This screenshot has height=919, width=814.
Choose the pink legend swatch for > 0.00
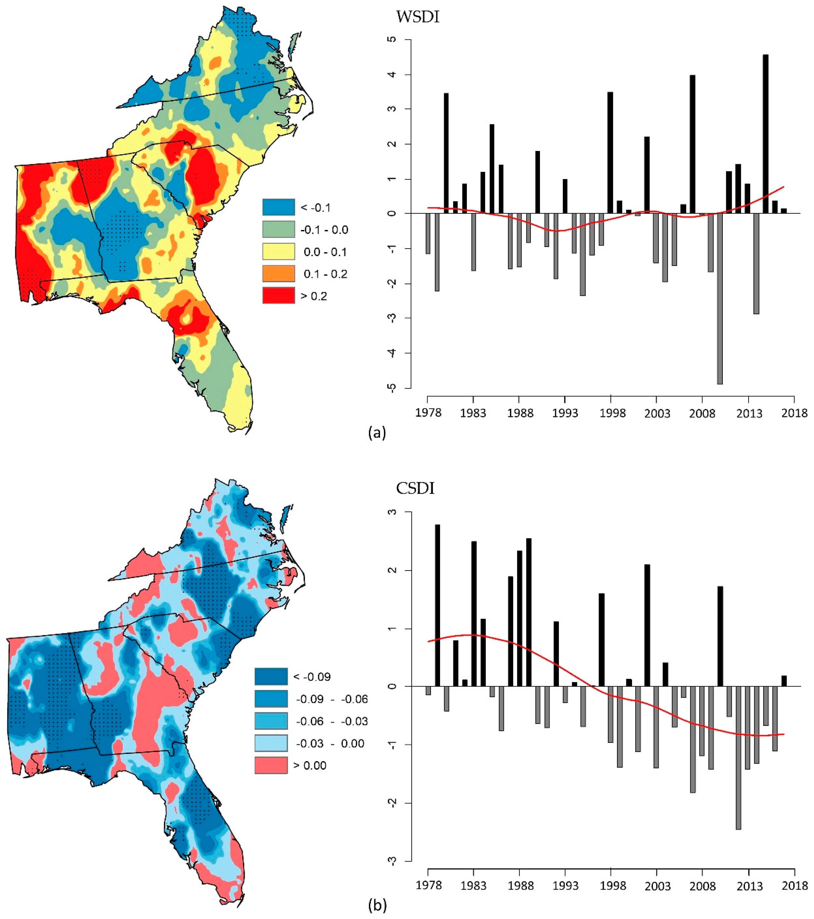coord(271,765)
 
